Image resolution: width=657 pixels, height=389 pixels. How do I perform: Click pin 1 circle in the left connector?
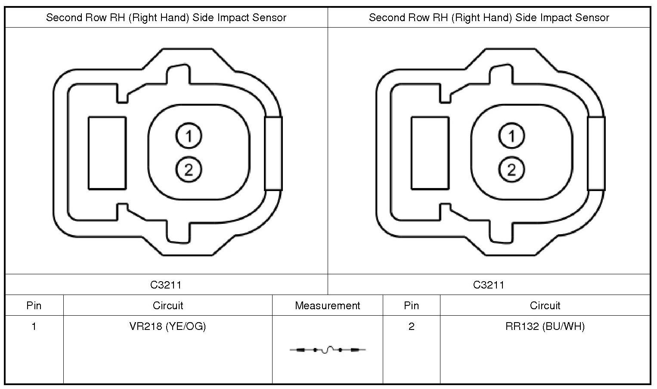189,136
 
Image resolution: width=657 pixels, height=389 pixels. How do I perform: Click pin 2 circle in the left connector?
189,169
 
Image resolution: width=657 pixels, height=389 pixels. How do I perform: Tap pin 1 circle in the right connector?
511,136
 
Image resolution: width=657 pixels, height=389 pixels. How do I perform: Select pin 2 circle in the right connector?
511,169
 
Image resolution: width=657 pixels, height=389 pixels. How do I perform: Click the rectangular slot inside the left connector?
107,153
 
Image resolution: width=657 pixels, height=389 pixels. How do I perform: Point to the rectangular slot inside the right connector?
430,153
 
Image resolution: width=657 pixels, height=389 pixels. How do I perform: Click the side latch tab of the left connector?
273,154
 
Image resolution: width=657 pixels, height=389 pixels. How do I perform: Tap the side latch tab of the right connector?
596,154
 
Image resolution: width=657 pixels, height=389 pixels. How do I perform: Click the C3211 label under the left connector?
166,285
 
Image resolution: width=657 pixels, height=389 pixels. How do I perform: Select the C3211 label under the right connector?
489,285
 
